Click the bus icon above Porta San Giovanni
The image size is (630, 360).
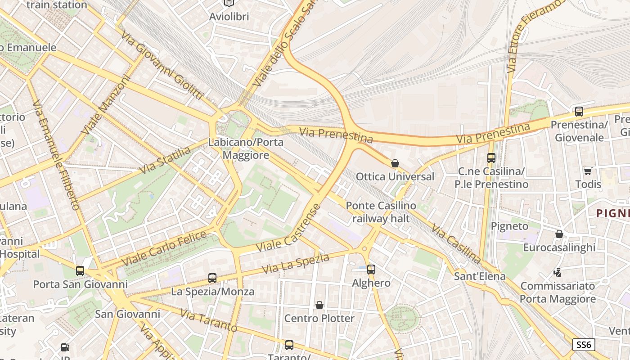80,271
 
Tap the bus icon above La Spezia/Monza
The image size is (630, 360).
212,278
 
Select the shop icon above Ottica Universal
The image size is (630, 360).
395,163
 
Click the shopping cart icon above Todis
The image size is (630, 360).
588,171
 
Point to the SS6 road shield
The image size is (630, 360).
584,345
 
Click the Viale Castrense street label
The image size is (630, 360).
288,228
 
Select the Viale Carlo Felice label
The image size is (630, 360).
164,248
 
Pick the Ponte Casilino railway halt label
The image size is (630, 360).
381,212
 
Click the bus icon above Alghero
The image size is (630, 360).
371,270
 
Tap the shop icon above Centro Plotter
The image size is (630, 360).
319,305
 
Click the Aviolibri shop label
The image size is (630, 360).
229,17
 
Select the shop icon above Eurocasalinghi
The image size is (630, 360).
559,234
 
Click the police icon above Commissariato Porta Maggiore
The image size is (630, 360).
558,272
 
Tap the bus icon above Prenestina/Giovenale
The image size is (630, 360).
579,111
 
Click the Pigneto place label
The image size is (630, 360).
509,226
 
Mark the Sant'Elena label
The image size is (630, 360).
480,276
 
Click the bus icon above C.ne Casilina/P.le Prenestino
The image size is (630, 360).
491,158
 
